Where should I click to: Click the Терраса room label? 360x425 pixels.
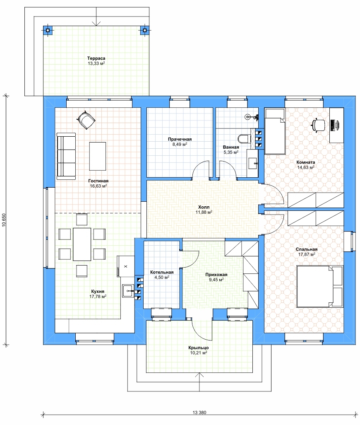click(x=96, y=58)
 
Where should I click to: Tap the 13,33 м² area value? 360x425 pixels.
click(x=96, y=63)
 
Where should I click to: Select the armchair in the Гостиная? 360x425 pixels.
click(x=86, y=120)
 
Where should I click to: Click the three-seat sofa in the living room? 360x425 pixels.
click(x=66, y=156)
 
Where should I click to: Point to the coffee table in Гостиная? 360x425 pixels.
click(x=97, y=156)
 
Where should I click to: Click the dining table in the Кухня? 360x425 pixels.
click(x=82, y=244)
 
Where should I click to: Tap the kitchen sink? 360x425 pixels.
click(x=128, y=291)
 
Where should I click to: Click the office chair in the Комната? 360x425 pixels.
click(x=318, y=125)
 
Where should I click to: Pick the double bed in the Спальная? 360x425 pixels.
click(x=320, y=286)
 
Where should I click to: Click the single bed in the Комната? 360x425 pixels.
click(x=274, y=131)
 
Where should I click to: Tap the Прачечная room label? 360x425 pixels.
click(x=180, y=139)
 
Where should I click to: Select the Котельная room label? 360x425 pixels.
click(x=162, y=272)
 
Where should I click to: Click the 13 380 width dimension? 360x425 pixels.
click(x=199, y=413)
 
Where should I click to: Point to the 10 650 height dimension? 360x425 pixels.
click(x=4, y=220)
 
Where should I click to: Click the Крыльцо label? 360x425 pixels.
click(x=199, y=348)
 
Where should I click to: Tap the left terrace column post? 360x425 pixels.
click(x=48, y=30)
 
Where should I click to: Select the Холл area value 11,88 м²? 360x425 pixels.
click(x=204, y=212)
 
